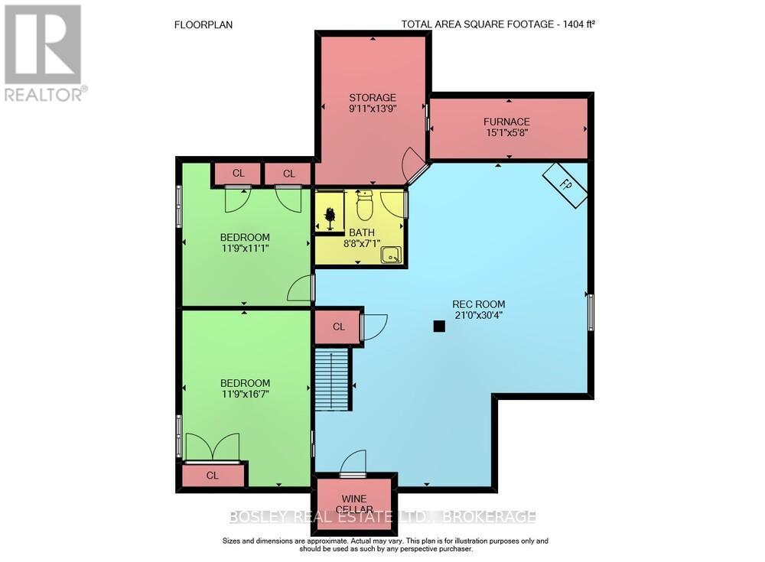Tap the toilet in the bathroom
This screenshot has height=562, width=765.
coord(363,205)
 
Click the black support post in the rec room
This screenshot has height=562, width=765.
coord(438,326)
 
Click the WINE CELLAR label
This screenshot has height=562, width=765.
coord(354,503)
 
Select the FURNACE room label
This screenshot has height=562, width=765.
coord(506,122)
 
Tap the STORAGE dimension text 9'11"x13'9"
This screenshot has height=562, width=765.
coord(372,109)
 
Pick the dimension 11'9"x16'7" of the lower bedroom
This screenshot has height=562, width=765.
coord(245,395)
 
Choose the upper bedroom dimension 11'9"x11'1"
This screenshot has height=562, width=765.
coord(245,249)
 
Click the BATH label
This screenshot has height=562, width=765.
coord(362,232)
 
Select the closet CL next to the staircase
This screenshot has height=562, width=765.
coord(338,326)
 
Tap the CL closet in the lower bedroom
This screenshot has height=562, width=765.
coord(212,476)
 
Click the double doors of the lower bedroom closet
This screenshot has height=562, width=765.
coord(213,448)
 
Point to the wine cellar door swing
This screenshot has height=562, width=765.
coord(353,463)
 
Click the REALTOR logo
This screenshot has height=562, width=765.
coord(44,52)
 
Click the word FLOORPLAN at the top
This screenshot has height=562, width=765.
coord(203,24)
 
